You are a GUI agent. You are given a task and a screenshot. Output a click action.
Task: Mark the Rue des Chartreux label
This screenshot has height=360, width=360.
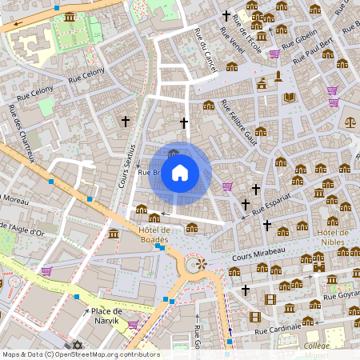(x=23, y=133)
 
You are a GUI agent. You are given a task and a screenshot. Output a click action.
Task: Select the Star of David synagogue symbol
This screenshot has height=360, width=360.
(x=78, y=345)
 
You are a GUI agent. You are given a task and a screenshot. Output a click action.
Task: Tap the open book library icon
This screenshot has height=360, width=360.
(x=290, y=98)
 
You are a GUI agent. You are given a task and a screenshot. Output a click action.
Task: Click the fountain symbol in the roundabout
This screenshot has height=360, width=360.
(x=198, y=263)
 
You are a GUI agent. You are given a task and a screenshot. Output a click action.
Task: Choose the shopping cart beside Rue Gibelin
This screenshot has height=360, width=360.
(x=274, y=54)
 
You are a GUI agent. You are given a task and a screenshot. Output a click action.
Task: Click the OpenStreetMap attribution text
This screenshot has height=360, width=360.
(x=81, y=354)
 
